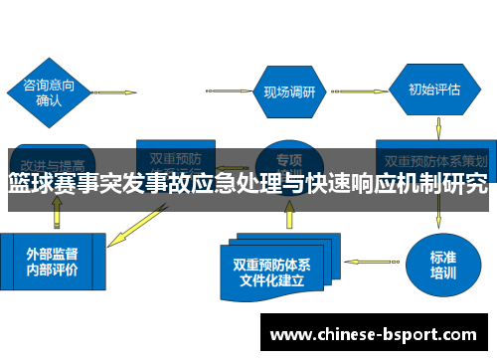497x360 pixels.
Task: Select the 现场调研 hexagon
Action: pos(288,92)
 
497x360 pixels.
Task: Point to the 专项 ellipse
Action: pos(288,159)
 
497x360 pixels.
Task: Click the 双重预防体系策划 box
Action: pos(435,158)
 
